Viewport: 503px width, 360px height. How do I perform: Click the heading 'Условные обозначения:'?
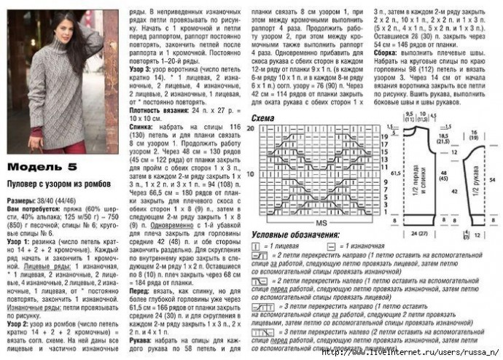point(295,235)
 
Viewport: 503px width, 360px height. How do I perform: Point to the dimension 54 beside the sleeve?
point(494,179)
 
